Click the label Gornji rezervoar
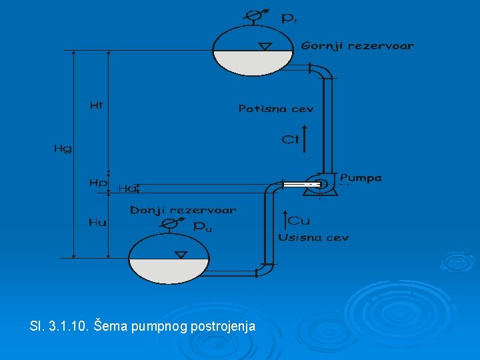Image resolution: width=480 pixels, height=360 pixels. tap(357, 46)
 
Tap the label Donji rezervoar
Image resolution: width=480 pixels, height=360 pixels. tap(183, 210)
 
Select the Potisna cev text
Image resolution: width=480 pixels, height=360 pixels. tap(275, 108)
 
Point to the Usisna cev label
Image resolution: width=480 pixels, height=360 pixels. tap(313, 237)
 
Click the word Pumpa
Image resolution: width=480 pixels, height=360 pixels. tap(361, 178)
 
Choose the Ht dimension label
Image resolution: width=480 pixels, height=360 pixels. tap(97, 105)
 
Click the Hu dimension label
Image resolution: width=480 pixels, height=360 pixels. tap(97, 223)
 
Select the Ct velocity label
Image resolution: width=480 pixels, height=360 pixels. tap(289, 139)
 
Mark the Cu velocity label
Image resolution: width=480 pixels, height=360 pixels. tap(299, 220)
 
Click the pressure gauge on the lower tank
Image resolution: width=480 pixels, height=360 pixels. tap(172, 223)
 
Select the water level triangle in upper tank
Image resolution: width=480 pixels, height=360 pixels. tap(266, 46)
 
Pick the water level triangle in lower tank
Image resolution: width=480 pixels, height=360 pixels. tap(179, 255)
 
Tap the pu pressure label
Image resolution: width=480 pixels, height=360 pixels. tap(202, 227)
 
